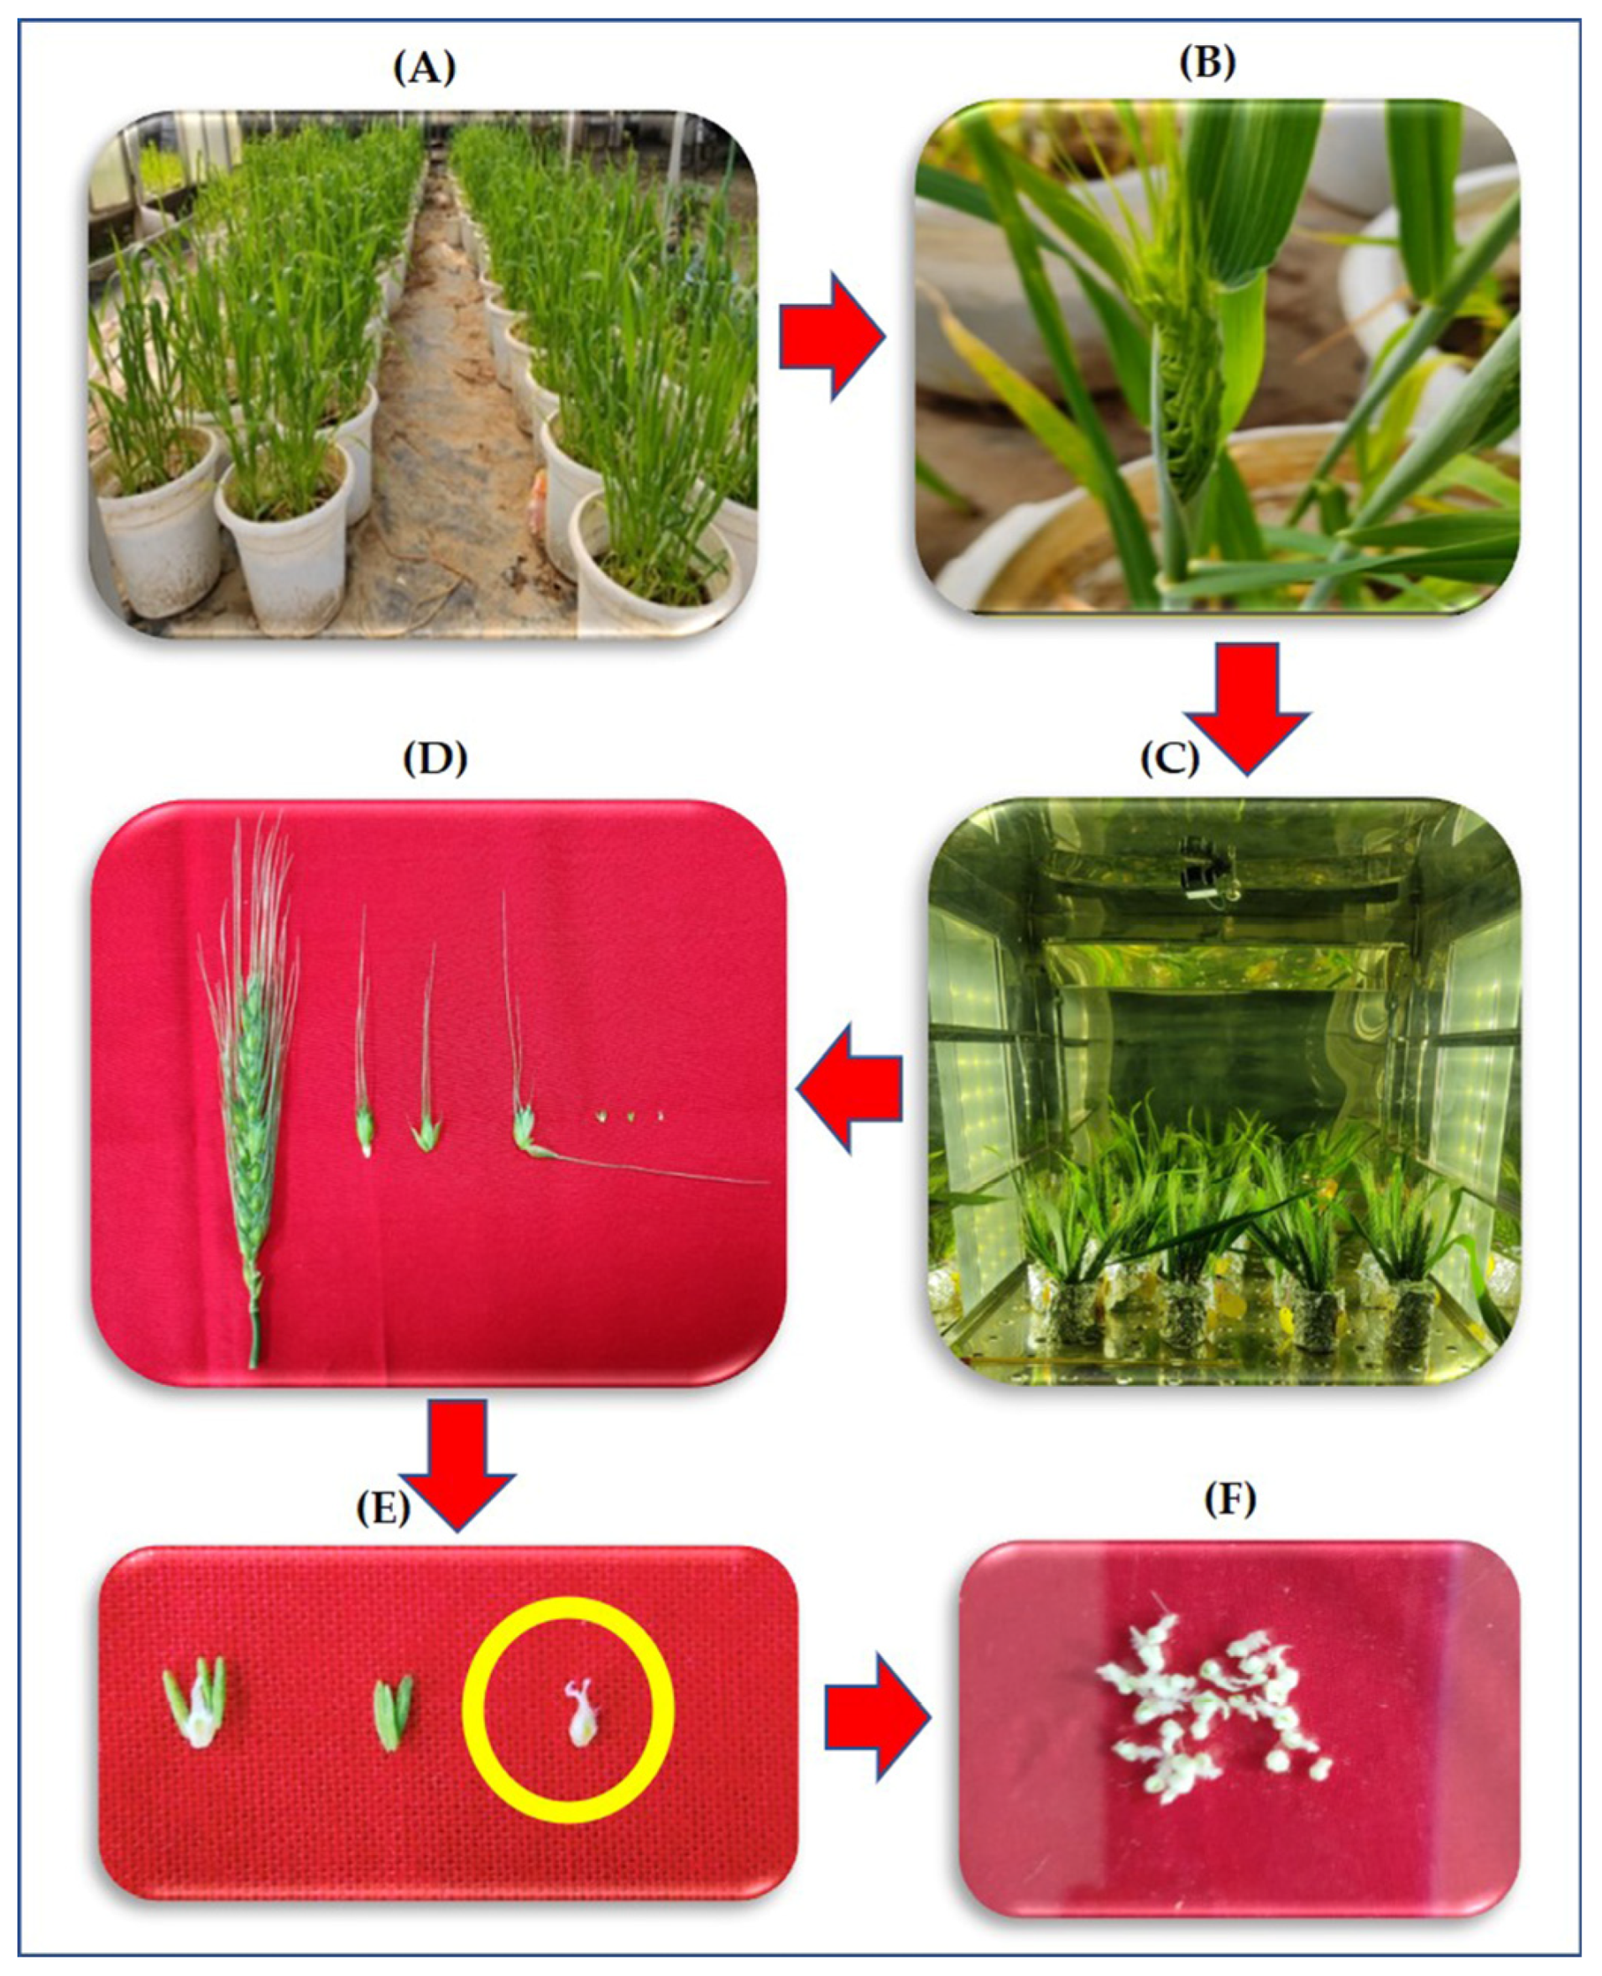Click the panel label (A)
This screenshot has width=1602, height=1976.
[425, 68]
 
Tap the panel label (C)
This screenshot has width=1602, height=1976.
[1169, 758]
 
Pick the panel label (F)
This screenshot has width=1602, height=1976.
[1229, 1500]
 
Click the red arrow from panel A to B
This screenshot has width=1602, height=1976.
[832, 336]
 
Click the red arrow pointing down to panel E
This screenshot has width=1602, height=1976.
[456, 1466]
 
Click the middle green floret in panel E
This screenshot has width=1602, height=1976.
[391, 1715]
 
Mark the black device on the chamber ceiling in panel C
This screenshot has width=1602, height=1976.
[1204, 870]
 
